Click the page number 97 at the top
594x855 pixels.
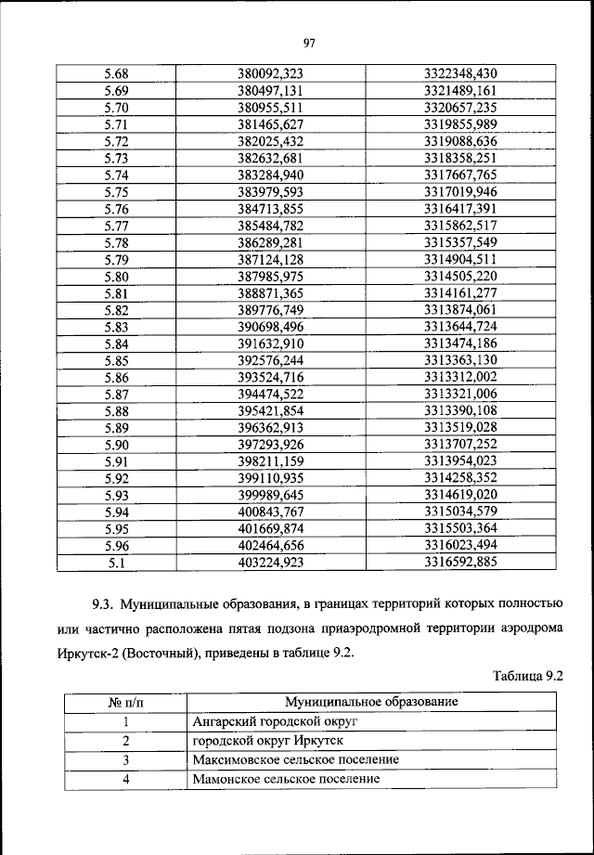click(x=310, y=42)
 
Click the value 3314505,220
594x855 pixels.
click(x=460, y=276)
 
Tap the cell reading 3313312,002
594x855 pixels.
click(x=460, y=377)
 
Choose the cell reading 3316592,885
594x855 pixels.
click(x=460, y=562)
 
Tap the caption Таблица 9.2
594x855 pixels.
click(x=527, y=677)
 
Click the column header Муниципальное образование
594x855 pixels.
click(x=371, y=702)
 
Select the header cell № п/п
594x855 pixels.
click(x=124, y=702)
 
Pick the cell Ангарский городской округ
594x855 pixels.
click(x=274, y=721)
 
